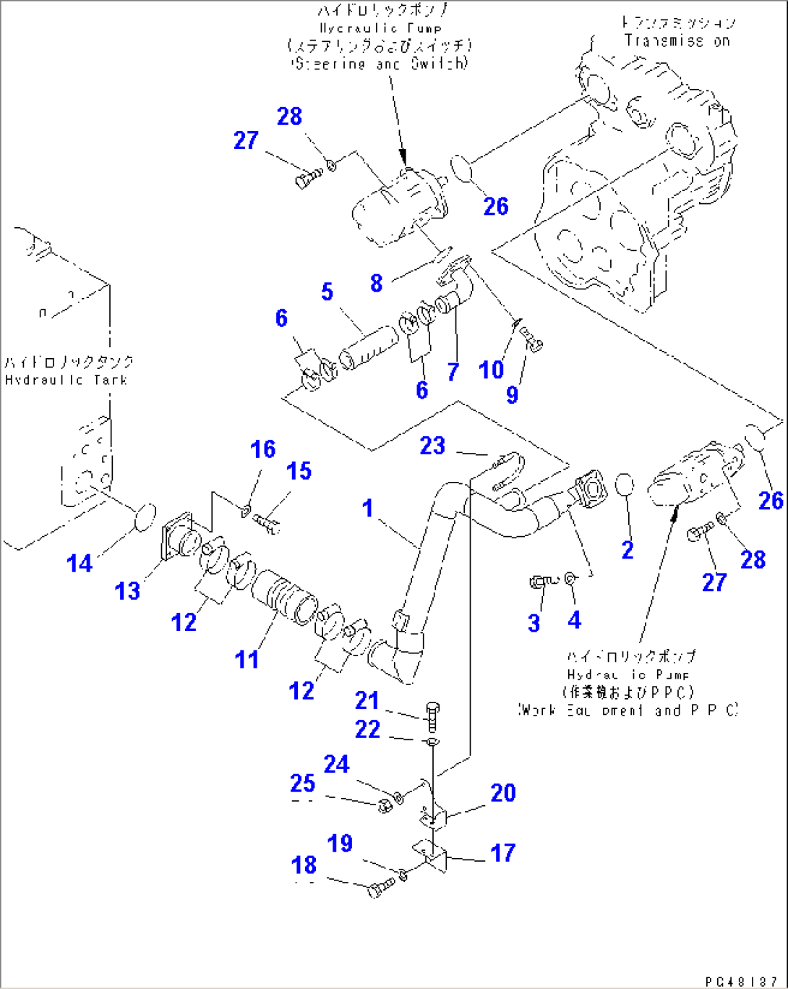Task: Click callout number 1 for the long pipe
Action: (x=368, y=508)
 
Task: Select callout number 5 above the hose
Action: (x=327, y=292)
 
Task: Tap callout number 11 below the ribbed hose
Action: (x=247, y=659)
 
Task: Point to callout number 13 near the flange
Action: (x=127, y=590)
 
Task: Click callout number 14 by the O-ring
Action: (x=80, y=563)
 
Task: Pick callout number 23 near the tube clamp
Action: (x=432, y=445)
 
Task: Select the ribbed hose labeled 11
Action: (x=284, y=593)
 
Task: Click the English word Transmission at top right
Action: (x=677, y=41)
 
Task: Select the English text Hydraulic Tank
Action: (x=66, y=380)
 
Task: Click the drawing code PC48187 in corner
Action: (x=741, y=980)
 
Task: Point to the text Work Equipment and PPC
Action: (x=628, y=710)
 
